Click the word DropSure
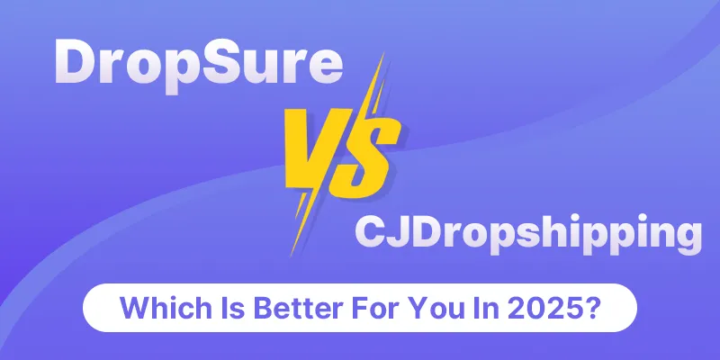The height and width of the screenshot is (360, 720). pyautogui.click(x=198, y=66)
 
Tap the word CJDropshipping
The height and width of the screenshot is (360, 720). pyautogui.click(x=528, y=234)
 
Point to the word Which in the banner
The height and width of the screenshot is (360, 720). pyautogui.click(x=156, y=308)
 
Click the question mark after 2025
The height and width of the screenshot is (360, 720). pyautogui.click(x=589, y=308)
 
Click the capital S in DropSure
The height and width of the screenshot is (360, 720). pyautogui.click(x=230, y=61)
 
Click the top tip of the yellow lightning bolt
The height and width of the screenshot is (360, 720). pyautogui.click(x=384, y=54)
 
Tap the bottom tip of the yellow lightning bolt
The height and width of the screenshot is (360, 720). pyautogui.click(x=292, y=255)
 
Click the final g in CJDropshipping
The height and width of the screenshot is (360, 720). pyautogui.click(x=688, y=238)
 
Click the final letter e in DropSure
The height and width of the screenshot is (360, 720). pyautogui.click(x=326, y=67)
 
